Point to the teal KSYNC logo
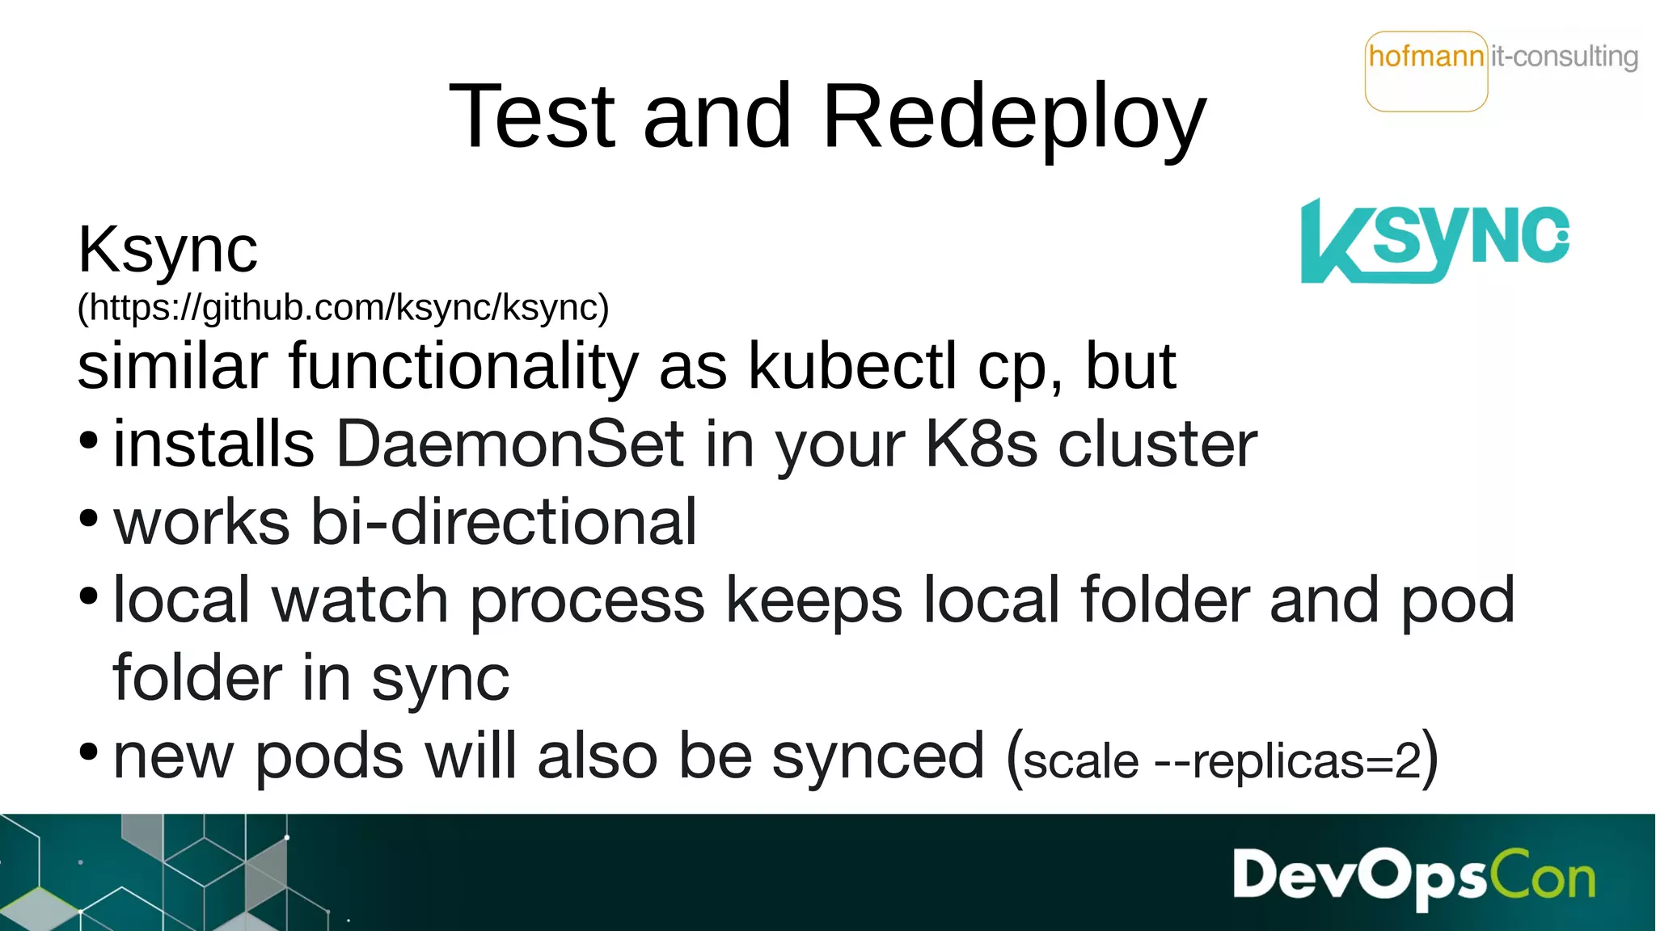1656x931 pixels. click(x=1434, y=241)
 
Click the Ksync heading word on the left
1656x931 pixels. click(x=167, y=251)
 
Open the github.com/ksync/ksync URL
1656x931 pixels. click(x=343, y=308)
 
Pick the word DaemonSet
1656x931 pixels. click(x=510, y=444)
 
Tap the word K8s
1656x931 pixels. click(x=981, y=444)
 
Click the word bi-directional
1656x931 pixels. click(x=503, y=521)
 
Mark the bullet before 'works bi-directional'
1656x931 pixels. click(x=89, y=518)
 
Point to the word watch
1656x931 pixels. click(x=361, y=600)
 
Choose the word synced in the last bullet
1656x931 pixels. click(x=878, y=756)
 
